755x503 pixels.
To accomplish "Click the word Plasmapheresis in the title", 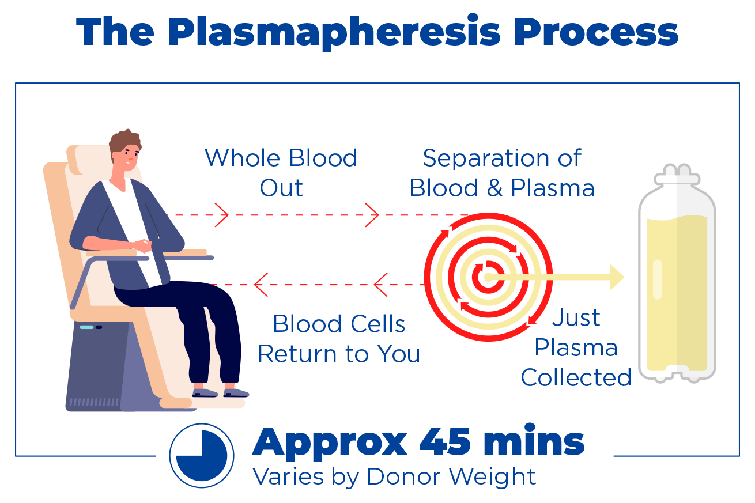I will (334, 33).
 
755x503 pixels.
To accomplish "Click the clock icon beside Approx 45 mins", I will (202, 455).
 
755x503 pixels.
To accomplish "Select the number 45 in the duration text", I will (443, 443).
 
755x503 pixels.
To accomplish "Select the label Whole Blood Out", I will (281, 173).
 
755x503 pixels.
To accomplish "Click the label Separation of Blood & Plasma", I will (502, 173).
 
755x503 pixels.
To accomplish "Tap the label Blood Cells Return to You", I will (339, 339).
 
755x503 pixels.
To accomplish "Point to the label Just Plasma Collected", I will (576, 347).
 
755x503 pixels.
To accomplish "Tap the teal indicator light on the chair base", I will (86, 327).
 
